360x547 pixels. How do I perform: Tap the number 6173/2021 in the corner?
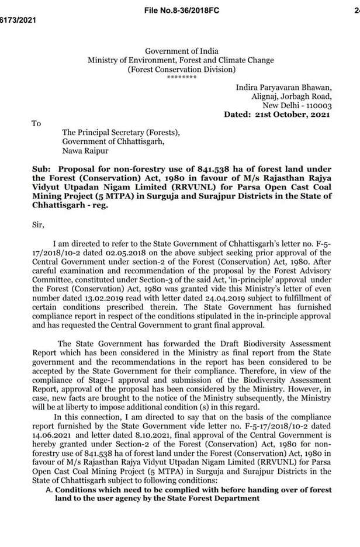(x=18, y=20)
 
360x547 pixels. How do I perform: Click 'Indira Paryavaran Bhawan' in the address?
(x=283, y=87)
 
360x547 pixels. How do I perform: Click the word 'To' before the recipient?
(x=36, y=123)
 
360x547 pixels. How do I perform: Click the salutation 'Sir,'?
(x=38, y=223)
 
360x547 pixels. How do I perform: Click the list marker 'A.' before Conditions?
(x=49, y=490)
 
